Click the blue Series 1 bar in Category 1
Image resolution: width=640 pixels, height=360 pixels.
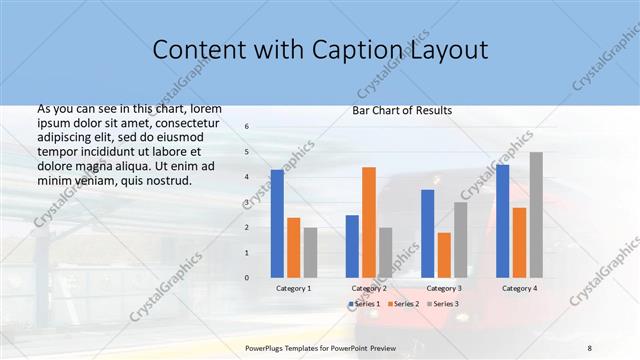(277, 223)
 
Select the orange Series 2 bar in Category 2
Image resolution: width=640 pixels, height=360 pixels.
(368, 222)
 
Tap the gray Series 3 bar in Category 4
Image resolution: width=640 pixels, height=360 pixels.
(536, 215)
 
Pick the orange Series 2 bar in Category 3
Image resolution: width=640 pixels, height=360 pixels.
(443, 255)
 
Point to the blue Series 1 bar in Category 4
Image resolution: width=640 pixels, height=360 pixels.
(502, 221)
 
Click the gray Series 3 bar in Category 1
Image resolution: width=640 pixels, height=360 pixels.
(310, 252)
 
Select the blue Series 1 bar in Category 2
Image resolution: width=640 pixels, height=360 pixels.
(352, 246)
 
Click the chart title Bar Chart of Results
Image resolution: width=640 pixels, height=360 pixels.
(402, 110)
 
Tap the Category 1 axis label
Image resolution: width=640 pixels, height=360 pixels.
(293, 288)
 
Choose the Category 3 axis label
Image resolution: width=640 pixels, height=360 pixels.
(444, 288)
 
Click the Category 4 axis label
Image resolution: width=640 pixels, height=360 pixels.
(519, 288)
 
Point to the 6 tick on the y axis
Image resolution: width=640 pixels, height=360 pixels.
(247, 126)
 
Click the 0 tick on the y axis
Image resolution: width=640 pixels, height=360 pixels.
(247, 278)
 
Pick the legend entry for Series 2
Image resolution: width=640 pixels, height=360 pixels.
(402, 303)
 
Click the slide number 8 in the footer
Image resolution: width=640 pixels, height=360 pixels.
(590, 347)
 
